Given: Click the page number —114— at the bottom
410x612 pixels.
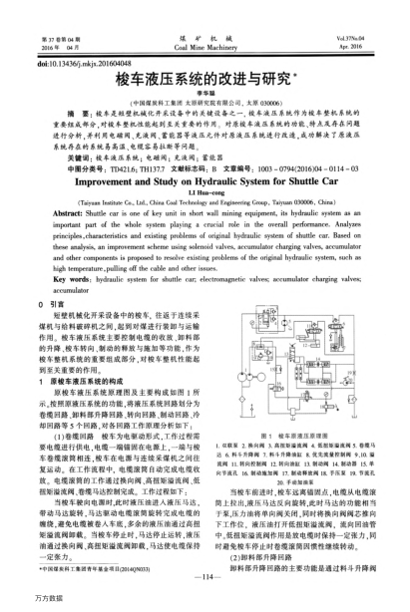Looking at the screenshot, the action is tap(205, 575).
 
